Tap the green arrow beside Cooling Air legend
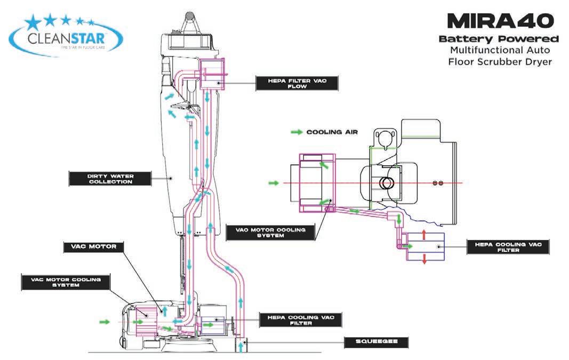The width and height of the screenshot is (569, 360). (x=296, y=132)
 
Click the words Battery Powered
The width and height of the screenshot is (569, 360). (x=499, y=39)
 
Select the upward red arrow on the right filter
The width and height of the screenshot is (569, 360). (x=424, y=235)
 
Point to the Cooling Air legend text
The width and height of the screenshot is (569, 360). (x=332, y=132)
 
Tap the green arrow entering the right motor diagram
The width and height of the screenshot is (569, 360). (x=273, y=183)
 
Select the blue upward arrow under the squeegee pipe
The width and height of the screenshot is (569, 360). (x=242, y=347)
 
